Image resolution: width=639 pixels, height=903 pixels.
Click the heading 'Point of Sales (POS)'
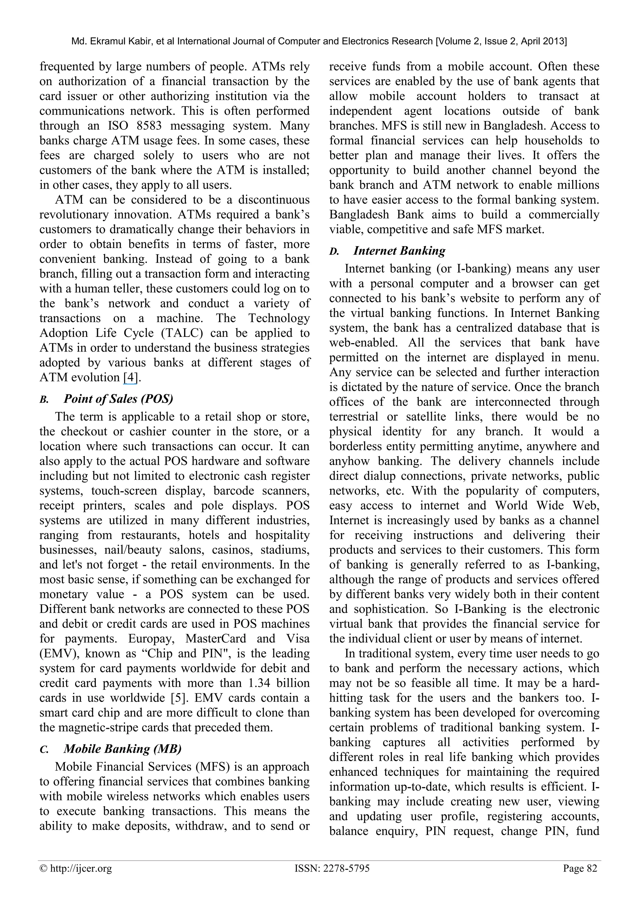pyautogui.click(x=118, y=399)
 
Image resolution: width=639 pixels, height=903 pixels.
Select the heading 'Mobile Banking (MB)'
pyautogui.click(x=122, y=749)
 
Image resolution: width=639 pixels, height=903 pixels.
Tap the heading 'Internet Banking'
pyautogui.click(x=399, y=250)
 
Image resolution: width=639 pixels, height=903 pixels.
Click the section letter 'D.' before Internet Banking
pyautogui.click(x=334, y=252)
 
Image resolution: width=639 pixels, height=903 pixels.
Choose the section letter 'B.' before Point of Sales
pyautogui.click(x=44, y=400)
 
